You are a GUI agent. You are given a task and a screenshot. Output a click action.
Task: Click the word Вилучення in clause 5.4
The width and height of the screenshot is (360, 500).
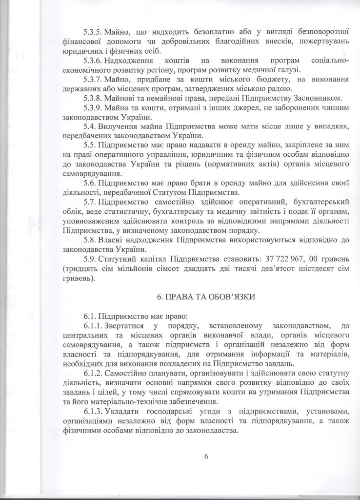coord(119,126)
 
